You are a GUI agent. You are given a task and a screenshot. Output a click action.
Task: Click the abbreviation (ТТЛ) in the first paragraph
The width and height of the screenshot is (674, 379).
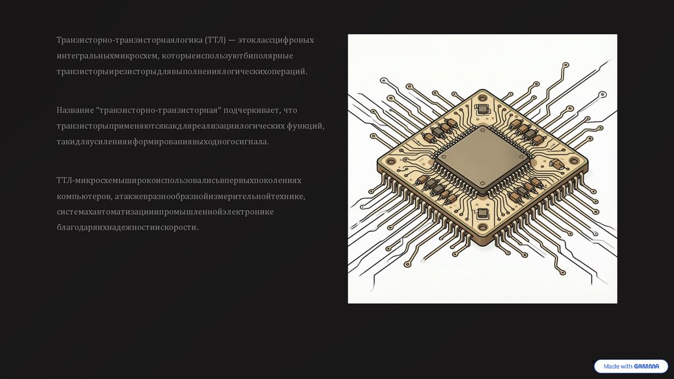[x=215, y=40]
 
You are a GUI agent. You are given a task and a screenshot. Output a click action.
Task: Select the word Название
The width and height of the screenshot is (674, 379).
[x=75, y=110]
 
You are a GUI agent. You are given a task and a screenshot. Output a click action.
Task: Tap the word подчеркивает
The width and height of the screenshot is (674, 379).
[x=251, y=111]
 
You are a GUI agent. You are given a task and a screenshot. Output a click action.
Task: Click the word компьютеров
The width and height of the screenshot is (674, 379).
[x=84, y=196]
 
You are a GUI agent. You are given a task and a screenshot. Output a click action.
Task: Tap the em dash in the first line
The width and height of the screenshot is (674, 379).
[x=232, y=40]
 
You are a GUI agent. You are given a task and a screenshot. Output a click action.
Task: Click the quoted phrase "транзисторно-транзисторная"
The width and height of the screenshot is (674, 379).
[x=159, y=111]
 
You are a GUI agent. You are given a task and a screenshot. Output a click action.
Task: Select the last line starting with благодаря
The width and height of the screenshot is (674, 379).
[x=128, y=227]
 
